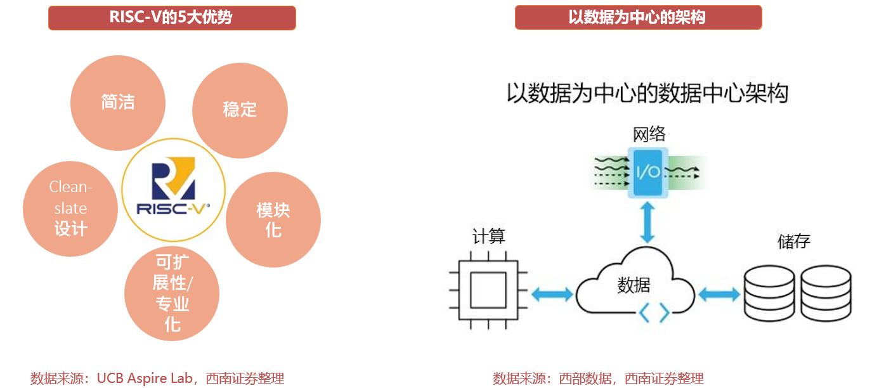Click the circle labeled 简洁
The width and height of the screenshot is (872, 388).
point(117,103)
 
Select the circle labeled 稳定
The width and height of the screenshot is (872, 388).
point(240,110)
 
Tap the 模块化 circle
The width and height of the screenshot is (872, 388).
point(273,219)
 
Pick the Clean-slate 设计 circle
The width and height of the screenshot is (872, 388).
point(70,209)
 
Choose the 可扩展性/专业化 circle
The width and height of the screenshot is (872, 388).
point(172,294)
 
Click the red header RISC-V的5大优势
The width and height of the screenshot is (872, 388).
point(172,17)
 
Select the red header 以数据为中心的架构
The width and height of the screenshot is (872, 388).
point(638,17)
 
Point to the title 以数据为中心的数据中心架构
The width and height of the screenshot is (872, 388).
point(647,93)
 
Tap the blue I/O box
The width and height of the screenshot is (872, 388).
point(647,172)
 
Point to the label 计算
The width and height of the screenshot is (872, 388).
point(488,236)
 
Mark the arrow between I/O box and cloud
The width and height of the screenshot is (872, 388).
point(647,221)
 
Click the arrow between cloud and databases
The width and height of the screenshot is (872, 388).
point(719,294)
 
